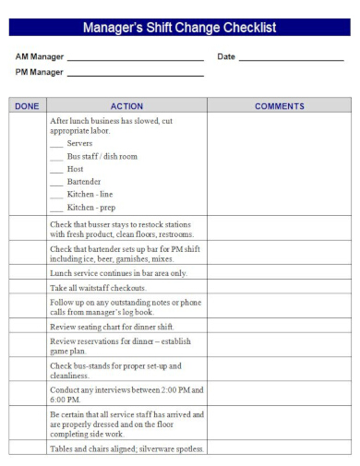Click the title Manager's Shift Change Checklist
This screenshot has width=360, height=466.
click(x=180, y=29)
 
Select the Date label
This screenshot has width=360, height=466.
click(x=226, y=57)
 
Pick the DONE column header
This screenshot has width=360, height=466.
click(x=28, y=106)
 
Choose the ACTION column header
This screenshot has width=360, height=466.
click(x=126, y=106)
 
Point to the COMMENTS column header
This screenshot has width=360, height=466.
click(x=279, y=106)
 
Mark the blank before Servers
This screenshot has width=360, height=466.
click(x=56, y=145)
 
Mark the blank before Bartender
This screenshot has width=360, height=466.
click(x=56, y=184)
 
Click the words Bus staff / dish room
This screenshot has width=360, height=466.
click(x=102, y=157)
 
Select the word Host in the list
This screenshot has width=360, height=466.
click(x=76, y=170)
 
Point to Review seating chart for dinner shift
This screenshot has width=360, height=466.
click(x=112, y=327)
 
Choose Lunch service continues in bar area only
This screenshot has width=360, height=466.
click(x=118, y=273)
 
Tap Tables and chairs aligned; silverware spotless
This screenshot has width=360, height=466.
click(x=127, y=448)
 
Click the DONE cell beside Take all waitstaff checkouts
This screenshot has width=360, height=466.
click(x=28, y=288)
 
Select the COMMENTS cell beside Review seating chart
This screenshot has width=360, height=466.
click(x=279, y=327)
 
